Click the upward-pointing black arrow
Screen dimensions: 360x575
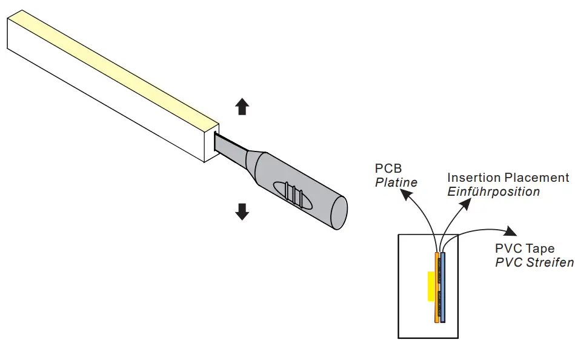pyautogui.click(x=242, y=107)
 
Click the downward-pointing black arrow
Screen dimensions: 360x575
pyautogui.click(x=242, y=212)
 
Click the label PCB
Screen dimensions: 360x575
pyautogui.click(x=388, y=168)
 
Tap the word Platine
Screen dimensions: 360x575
pyautogui.click(x=396, y=182)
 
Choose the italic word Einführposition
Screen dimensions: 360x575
pyautogui.click(x=493, y=192)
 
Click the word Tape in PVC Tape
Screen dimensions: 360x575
pyautogui.click(x=540, y=248)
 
